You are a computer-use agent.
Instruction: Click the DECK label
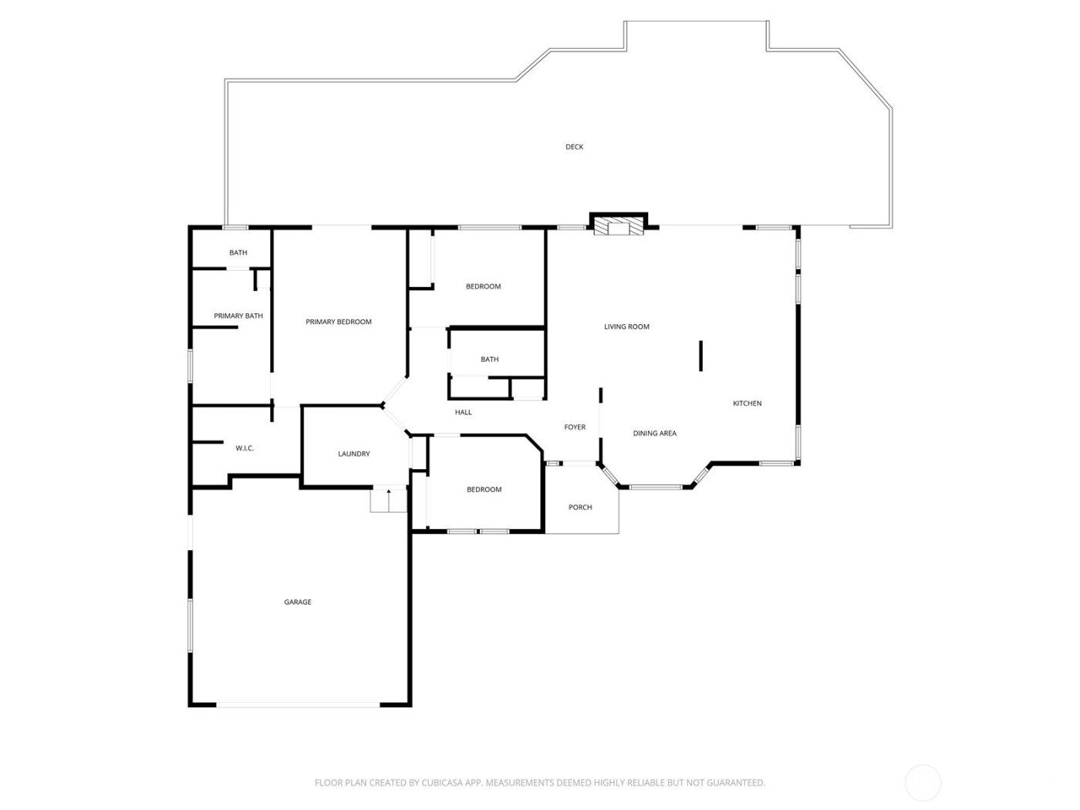coord(574,147)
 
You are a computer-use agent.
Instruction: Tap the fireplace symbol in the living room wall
coord(619,224)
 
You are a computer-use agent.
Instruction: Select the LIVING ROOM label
coord(626,326)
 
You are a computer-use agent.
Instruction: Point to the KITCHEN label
coord(747,403)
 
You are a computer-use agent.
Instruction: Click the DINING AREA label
coord(654,434)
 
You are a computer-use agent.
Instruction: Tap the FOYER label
coord(575,427)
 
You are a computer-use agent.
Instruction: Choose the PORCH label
coord(580,507)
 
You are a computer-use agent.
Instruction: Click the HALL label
coord(463,412)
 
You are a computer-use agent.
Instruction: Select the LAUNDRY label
coord(354,454)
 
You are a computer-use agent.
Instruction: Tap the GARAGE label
coord(298,602)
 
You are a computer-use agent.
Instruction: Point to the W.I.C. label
coord(245,448)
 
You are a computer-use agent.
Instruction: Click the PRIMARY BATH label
coord(238,316)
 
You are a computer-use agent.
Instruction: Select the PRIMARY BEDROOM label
coord(339,322)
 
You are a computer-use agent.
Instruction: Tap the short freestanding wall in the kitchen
coord(700,356)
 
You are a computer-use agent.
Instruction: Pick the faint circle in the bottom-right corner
coord(923,782)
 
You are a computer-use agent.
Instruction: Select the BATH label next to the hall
coord(489,359)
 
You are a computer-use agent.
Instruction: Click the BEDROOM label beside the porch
coord(484,489)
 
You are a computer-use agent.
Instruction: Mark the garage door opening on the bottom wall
coord(298,704)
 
